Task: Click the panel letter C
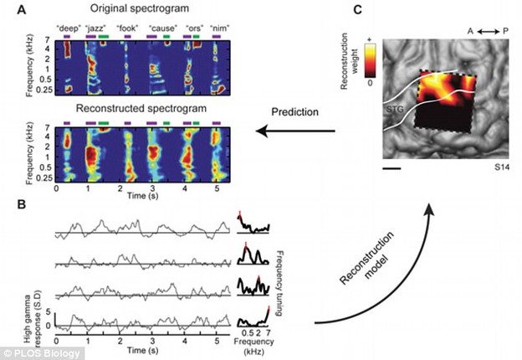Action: (357, 11)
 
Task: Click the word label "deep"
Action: (67, 26)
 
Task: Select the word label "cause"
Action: (159, 26)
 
